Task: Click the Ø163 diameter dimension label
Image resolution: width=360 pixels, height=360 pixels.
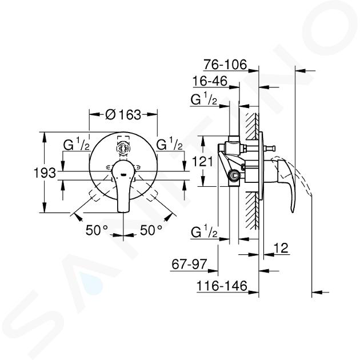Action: point(123,114)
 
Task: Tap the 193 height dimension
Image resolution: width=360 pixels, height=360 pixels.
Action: point(45,173)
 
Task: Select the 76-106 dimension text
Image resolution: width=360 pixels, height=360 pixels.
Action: point(225,65)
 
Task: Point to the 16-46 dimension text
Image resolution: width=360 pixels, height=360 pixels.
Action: point(210,81)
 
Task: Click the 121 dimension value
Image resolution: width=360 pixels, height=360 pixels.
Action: point(202,161)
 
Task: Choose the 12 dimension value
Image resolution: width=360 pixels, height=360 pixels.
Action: point(281,248)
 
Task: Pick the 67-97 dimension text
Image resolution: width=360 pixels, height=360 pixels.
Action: point(189,264)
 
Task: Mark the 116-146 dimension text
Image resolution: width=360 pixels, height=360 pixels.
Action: point(222,286)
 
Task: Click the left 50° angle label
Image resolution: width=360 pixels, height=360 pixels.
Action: point(97,230)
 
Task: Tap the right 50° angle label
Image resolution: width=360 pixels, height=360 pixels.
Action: point(151,230)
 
